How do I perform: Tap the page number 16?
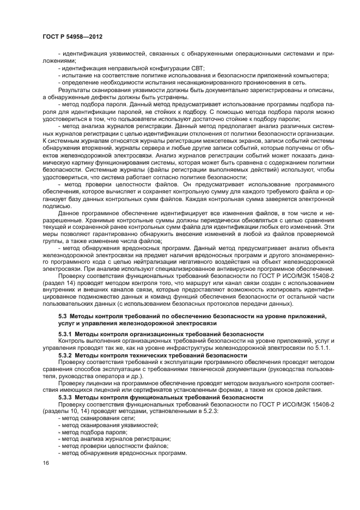pos(45,463)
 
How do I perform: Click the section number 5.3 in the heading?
pos(63,316)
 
